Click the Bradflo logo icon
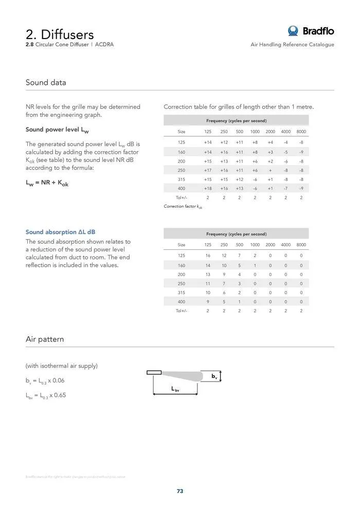click(x=293, y=31)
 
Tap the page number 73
click(x=180, y=491)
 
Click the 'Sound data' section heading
click(x=46, y=82)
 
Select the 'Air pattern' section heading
click(x=45, y=339)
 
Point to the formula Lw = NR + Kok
click(x=47, y=184)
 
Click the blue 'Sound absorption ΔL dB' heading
click(x=60, y=232)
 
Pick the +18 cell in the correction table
click(x=208, y=189)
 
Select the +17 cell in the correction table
click(x=208, y=170)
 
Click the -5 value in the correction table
click(x=286, y=152)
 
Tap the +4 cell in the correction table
click(x=271, y=142)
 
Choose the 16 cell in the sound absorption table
click(x=208, y=256)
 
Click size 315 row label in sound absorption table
click(x=182, y=293)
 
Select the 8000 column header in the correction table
click(x=301, y=132)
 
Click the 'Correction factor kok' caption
click(x=183, y=206)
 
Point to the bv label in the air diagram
click(x=214, y=377)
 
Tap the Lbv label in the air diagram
click(x=175, y=390)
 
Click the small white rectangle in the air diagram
click(x=154, y=372)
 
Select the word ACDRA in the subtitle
click(x=104, y=45)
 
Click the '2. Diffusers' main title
click(x=60, y=34)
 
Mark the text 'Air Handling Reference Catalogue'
click(x=292, y=45)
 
